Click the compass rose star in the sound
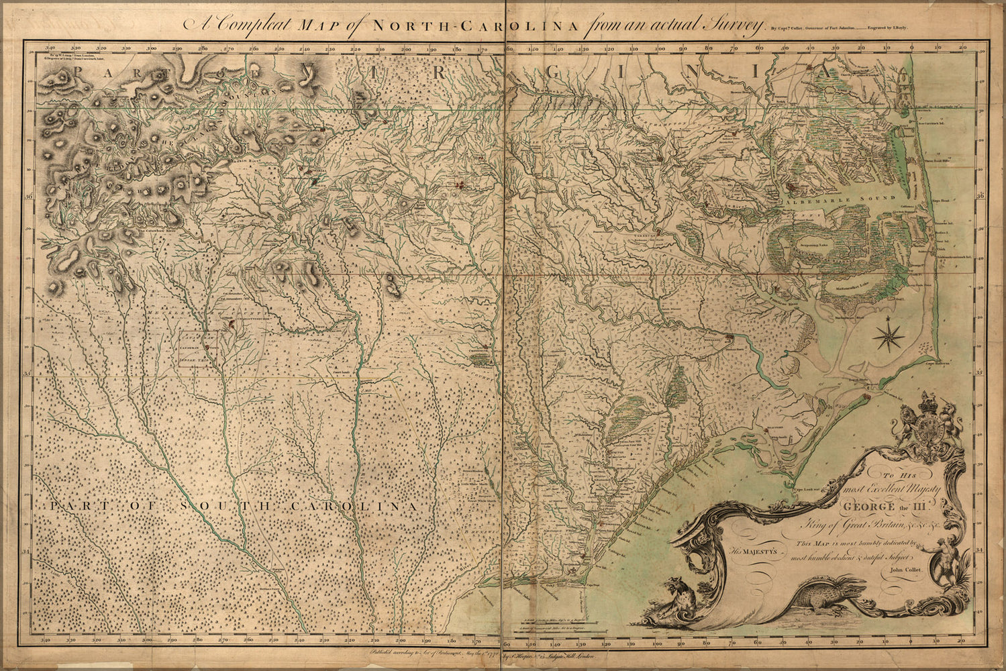pos(888,335)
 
